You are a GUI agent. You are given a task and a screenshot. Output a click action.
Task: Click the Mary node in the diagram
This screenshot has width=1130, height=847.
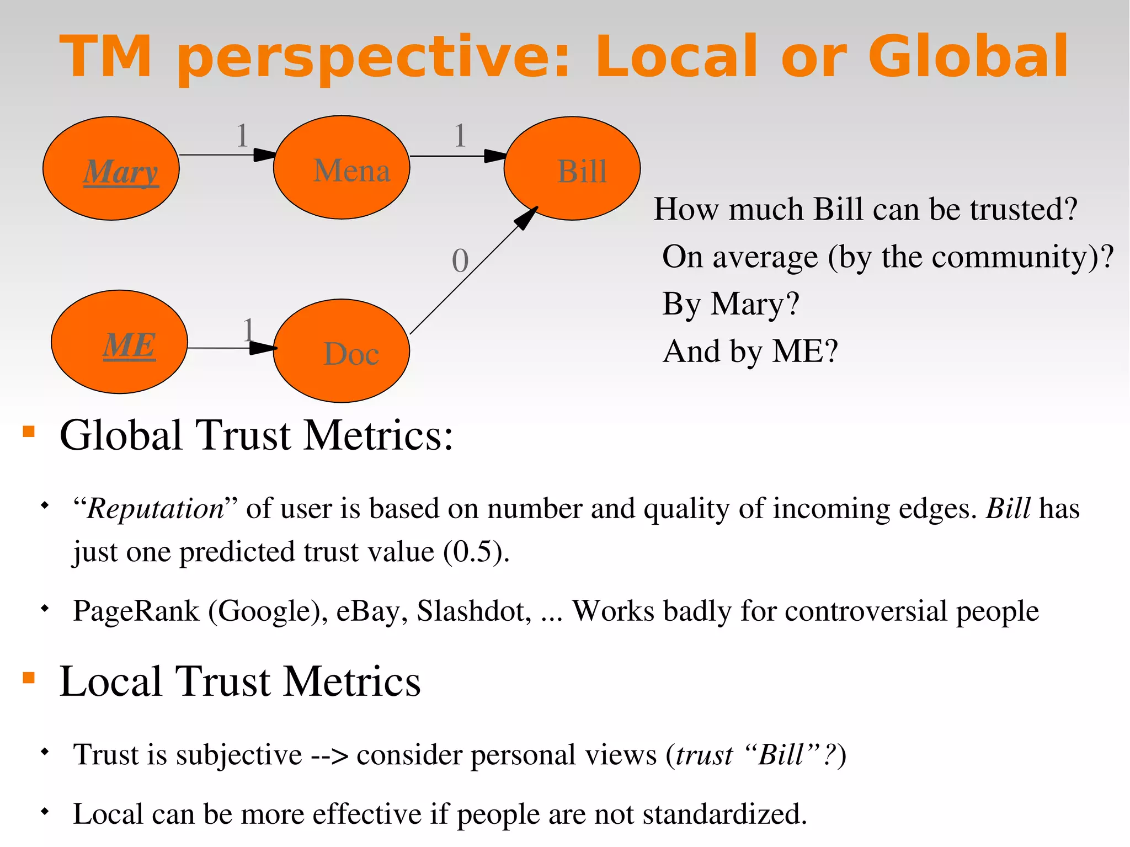pyautogui.click(x=111, y=168)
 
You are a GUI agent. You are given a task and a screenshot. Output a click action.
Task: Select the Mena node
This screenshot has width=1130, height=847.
pyautogui.click(x=342, y=168)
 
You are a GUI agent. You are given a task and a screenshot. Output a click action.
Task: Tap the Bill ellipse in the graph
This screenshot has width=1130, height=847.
pyautogui.click(x=572, y=168)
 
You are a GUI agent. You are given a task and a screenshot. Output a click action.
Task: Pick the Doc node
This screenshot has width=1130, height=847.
pyautogui.click(x=342, y=351)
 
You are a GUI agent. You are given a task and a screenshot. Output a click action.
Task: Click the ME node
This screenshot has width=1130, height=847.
pyautogui.click(x=119, y=342)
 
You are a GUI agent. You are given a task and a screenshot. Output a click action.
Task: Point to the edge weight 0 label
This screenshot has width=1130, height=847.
pyautogui.click(x=460, y=261)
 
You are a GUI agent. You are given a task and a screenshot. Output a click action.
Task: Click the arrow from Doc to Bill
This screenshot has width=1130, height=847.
pyautogui.click(x=473, y=271)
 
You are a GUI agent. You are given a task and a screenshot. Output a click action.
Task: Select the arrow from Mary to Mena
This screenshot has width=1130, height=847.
pyautogui.click(x=226, y=155)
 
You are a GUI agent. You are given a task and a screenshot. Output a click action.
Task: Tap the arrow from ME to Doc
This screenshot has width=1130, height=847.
pyautogui.click(x=232, y=348)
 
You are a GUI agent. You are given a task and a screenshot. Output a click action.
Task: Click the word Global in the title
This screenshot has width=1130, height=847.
pyautogui.click(x=968, y=56)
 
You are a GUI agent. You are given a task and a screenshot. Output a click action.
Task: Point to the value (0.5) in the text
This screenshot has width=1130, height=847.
pyautogui.click(x=476, y=552)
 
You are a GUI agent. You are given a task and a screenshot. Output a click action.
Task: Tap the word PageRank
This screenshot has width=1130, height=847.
pyautogui.click(x=136, y=611)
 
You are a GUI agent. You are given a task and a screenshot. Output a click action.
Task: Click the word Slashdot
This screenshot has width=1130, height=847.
pyautogui.click(x=473, y=611)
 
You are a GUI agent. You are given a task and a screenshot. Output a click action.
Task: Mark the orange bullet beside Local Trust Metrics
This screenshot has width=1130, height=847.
pyautogui.click(x=29, y=677)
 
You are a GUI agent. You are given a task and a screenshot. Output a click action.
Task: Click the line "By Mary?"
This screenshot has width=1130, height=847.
pyautogui.click(x=731, y=304)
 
